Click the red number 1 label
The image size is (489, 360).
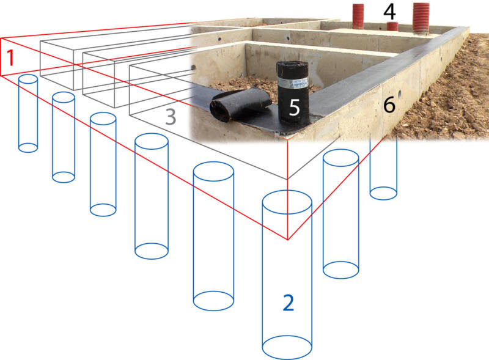(11, 57)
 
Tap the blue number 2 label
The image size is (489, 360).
(289, 303)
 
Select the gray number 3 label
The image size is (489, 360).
(171, 117)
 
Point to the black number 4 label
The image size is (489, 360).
(389, 12)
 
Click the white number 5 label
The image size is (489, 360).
(295, 108)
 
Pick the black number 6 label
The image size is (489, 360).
(389, 105)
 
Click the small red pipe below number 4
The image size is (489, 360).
(392, 26)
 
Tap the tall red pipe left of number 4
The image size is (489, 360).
(358, 17)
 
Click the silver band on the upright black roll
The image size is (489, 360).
(293, 83)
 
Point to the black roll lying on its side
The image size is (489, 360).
(240, 103)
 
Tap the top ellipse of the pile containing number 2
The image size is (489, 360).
(287, 202)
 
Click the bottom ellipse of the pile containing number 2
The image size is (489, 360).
(287, 347)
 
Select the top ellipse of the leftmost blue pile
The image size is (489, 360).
(28, 79)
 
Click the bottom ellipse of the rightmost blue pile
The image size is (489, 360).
(383, 193)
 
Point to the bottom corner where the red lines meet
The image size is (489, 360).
(287, 240)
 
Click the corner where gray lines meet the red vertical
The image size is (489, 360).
(287, 179)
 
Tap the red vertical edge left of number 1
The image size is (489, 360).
(1, 57)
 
